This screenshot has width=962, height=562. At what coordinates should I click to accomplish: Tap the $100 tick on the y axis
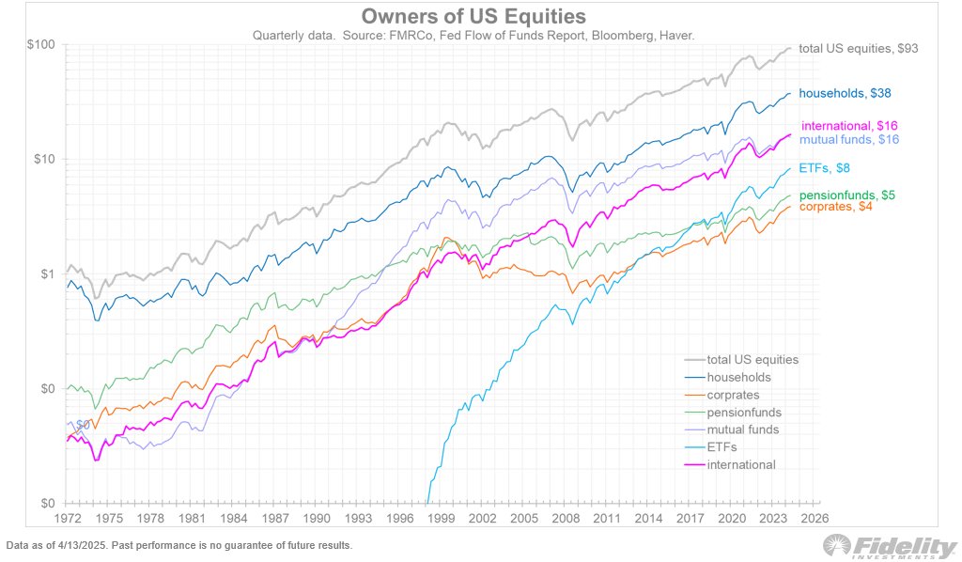point(42,45)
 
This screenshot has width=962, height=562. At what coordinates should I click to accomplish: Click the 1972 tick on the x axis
point(67,518)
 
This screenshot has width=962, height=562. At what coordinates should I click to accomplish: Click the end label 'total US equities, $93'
point(858,48)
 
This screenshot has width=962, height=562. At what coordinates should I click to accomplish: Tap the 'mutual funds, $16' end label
point(849,139)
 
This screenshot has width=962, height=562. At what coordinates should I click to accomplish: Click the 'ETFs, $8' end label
point(825,168)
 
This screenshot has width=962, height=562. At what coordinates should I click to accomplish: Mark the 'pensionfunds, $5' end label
point(846,195)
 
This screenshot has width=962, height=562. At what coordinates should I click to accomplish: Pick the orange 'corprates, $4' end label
point(840,207)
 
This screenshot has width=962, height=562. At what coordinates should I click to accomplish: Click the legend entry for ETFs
point(723,447)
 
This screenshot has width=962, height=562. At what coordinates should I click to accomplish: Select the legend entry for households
point(738,377)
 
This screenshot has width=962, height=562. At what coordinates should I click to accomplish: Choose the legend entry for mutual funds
point(742,429)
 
